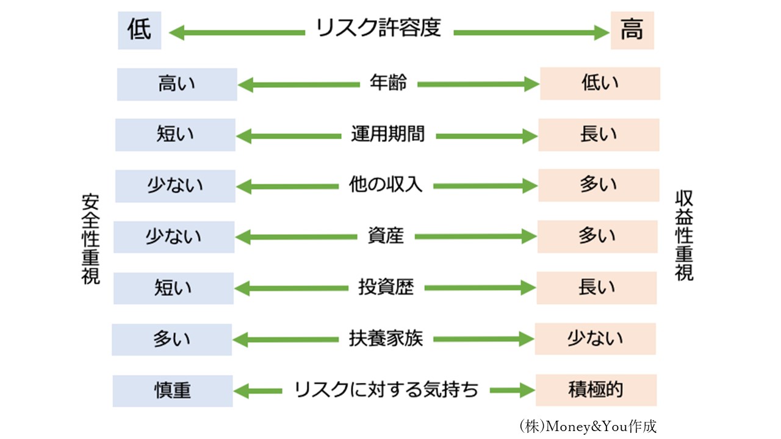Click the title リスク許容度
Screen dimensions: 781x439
(x=378, y=27)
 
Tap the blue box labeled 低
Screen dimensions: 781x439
(x=140, y=30)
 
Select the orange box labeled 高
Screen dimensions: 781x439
(x=632, y=30)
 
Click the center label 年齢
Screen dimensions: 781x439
(x=388, y=83)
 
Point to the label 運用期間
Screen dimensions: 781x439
(x=387, y=134)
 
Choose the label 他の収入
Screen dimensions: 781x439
(x=386, y=184)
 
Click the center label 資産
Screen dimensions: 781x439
(x=386, y=235)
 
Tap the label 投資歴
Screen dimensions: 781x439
(x=386, y=287)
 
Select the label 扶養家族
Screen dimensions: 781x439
(x=386, y=338)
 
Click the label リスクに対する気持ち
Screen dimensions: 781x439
(x=386, y=390)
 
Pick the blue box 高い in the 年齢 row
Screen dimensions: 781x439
(x=177, y=84)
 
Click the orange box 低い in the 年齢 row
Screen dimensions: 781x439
(x=600, y=84)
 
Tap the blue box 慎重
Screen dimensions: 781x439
(x=173, y=391)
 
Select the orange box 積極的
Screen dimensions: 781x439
(x=596, y=390)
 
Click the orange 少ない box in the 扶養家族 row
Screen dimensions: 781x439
(x=595, y=338)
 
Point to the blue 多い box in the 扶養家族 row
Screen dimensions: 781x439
(x=172, y=340)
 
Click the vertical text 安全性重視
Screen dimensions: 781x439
(x=91, y=239)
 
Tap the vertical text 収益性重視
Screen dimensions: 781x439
(x=684, y=235)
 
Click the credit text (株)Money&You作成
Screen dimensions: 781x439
(x=588, y=426)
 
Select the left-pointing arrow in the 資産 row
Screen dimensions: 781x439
(x=297, y=237)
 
